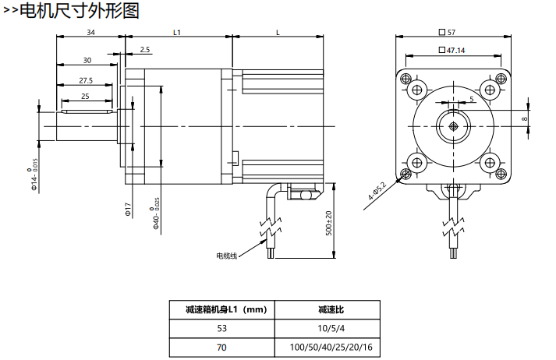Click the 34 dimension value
(x=90, y=33)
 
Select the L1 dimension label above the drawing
(x=177, y=33)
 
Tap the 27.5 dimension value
(x=86, y=80)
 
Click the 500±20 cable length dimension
(x=328, y=225)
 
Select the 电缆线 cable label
(x=226, y=256)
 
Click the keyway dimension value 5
(x=471, y=100)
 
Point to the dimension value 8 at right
(x=525, y=118)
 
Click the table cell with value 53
(x=224, y=327)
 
